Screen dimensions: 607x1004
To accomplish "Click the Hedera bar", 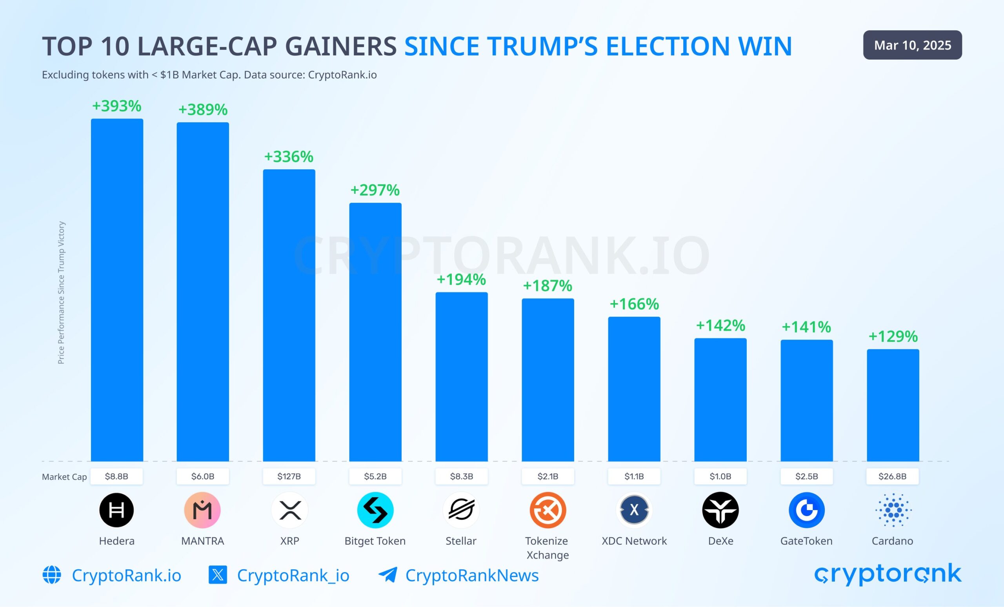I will tap(117, 290).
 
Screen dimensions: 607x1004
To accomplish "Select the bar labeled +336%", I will tap(289, 315).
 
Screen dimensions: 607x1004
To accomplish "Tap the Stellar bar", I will tap(461, 376).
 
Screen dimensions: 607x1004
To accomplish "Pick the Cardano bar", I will tap(893, 405).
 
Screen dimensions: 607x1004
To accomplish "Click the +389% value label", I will tap(203, 109).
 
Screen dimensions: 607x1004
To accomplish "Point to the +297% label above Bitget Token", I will tap(375, 190).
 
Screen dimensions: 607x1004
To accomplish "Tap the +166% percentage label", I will tap(634, 304).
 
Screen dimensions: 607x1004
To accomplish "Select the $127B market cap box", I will tap(289, 476).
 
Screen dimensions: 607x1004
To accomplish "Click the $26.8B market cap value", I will tap(892, 476).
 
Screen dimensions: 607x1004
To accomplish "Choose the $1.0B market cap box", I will tap(720, 476).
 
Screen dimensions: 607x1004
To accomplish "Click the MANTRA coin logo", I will tap(202, 510).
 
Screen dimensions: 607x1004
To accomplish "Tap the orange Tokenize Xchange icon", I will tap(547, 510).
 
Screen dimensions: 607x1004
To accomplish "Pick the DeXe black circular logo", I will tap(720, 510).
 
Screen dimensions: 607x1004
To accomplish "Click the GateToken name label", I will tap(806, 541).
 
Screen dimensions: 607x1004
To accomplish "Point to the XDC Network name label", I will tap(634, 541).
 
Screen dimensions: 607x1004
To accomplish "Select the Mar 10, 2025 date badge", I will tap(912, 45).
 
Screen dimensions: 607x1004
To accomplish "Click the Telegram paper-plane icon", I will tap(387, 575).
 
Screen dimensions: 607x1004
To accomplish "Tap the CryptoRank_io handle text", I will tap(293, 575).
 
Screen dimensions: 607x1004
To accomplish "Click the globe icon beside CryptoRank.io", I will tap(52, 575).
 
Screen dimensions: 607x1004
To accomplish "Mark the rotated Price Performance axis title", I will tap(61, 293).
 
